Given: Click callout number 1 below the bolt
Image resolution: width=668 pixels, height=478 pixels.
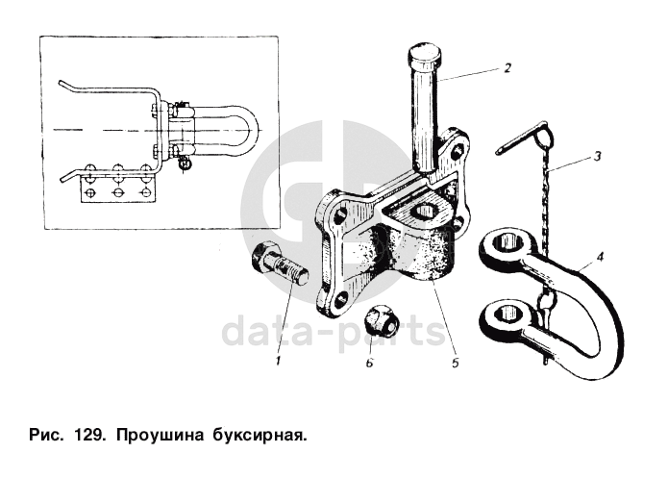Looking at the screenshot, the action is tap(278, 361).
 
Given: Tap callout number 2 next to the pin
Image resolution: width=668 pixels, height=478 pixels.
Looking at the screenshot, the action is tap(507, 67).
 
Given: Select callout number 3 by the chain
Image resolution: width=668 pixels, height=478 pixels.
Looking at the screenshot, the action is tap(597, 156).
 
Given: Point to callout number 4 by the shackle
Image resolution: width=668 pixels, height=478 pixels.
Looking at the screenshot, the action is tap(600, 257).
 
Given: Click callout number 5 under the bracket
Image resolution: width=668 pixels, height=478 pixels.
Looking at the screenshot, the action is tap(455, 363).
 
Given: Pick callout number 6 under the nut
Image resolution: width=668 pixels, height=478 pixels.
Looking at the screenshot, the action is tap(369, 363).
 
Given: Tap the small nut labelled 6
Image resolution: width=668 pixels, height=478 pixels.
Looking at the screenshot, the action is tap(380, 320).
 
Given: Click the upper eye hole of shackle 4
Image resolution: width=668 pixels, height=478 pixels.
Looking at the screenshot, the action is tap(507, 244).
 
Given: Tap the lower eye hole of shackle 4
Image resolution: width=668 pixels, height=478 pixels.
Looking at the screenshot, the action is tap(506, 314).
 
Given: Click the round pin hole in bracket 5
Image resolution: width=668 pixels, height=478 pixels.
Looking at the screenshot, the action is tap(428, 212).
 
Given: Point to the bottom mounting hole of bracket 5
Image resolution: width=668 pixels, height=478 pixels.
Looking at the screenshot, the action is tap(341, 302).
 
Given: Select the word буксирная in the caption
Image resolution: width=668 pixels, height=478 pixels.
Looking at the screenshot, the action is tap(259, 436).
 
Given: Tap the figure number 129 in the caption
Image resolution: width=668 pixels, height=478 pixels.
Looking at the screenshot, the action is tap(88, 436).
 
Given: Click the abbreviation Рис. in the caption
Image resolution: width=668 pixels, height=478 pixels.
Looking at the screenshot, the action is tap(46, 436).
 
